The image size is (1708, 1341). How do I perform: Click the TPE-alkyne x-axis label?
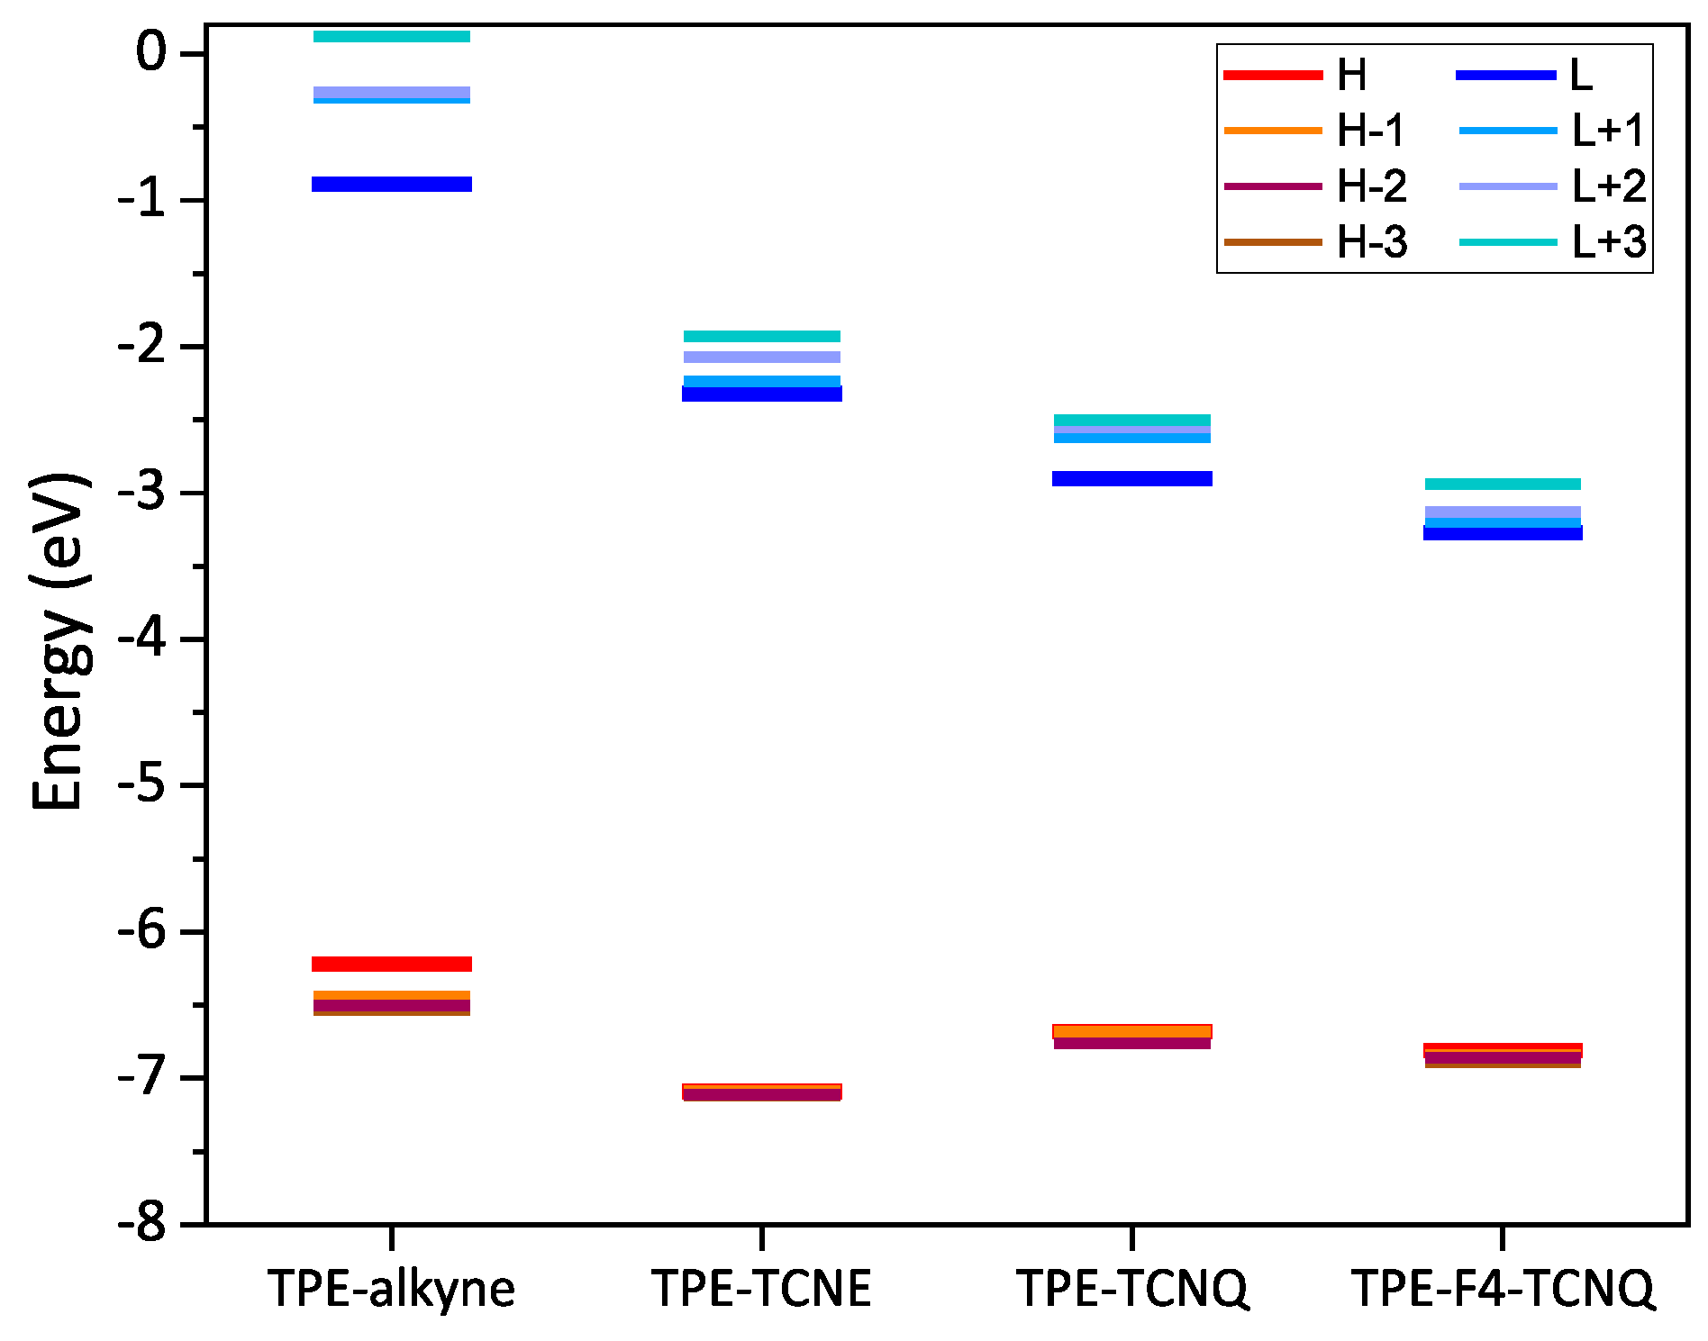[391, 1289]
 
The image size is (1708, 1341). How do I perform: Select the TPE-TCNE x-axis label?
[761, 1289]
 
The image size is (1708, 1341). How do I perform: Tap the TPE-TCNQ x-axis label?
[1132, 1289]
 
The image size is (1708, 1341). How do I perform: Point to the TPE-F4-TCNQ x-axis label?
[1503, 1289]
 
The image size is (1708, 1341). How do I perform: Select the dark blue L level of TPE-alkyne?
[391, 184]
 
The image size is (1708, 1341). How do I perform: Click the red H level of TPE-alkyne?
[391, 964]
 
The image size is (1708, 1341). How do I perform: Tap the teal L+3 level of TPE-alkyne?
[391, 36]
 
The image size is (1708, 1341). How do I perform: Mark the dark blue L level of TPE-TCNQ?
[1132, 478]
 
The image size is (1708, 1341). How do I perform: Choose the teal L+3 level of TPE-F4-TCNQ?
[1503, 485]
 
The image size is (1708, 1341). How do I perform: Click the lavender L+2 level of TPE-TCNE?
[761, 358]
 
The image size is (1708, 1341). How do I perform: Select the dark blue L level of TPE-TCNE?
[761, 394]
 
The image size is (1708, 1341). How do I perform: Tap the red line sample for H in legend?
[1273, 75]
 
